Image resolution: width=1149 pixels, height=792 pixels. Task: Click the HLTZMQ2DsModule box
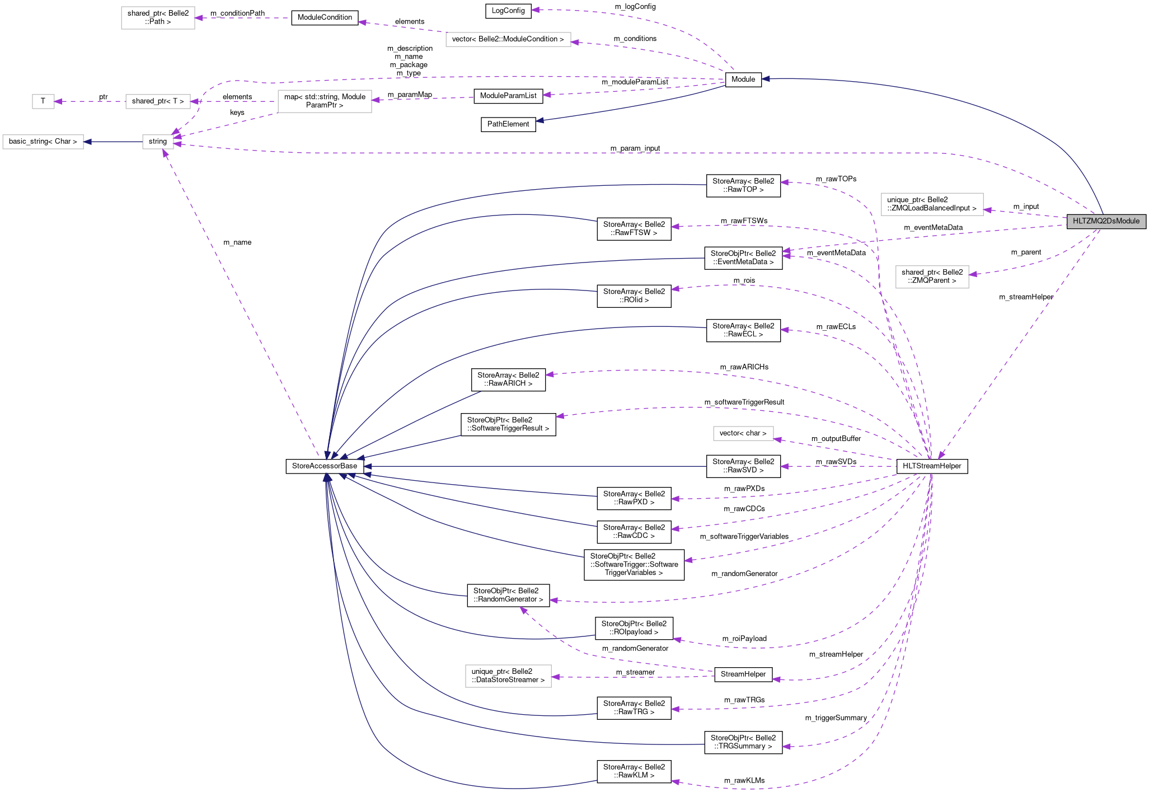[x=1106, y=221]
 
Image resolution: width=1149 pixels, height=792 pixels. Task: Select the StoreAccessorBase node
[x=325, y=466]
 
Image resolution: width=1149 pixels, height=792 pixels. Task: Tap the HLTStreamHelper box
[x=932, y=466]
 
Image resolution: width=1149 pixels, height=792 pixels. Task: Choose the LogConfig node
[x=508, y=11]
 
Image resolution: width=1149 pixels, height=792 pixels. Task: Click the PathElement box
[x=508, y=124]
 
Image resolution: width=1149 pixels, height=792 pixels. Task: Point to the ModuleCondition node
[x=325, y=17]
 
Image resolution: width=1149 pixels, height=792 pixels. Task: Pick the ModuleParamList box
[x=508, y=96]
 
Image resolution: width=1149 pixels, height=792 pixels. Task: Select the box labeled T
[x=43, y=101]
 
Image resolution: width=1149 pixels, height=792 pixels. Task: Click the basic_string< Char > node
[x=43, y=142]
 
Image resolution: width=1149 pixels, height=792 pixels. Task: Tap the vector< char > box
[x=743, y=433]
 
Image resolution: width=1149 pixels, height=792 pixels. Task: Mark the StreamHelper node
[x=743, y=674]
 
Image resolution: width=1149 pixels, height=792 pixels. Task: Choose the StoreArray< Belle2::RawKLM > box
[x=634, y=771]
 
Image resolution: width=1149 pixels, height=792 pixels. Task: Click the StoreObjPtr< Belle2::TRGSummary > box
[x=743, y=742]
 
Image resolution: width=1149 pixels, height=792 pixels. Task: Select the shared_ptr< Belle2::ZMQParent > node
[x=932, y=277]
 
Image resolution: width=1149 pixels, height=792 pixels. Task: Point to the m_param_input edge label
[x=635, y=148]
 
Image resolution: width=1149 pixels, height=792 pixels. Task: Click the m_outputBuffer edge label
[x=836, y=438]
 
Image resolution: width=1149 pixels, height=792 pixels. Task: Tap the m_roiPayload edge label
[x=744, y=638]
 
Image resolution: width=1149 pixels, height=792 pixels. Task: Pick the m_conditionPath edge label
[x=237, y=13]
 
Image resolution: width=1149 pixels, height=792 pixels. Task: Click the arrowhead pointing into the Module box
[x=766, y=79]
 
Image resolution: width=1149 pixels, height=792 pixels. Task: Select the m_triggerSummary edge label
[x=836, y=718]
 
